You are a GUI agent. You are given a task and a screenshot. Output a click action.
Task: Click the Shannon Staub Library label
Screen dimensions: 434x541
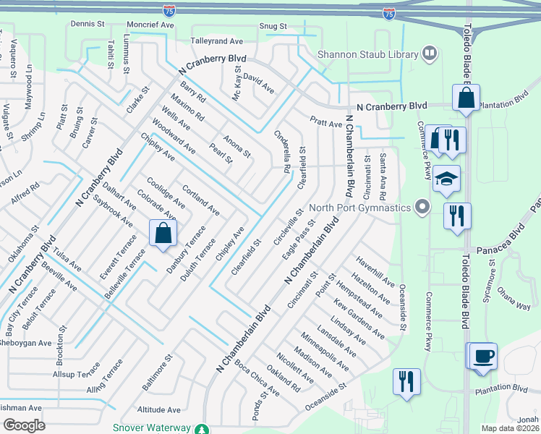click(x=368, y=54)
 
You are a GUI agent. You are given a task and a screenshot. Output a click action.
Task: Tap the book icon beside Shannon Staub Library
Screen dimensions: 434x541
click(x=430, y=54)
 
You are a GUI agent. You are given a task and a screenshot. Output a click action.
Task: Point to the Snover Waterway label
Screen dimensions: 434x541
click(x=151, y=427)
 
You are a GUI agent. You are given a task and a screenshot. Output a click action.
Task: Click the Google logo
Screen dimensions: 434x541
click(x=23, y=425)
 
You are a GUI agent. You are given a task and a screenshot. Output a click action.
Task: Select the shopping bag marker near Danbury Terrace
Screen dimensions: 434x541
click(x=163, y=234)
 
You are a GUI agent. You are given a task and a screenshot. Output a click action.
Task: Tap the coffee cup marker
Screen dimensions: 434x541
click(x=484, y=357)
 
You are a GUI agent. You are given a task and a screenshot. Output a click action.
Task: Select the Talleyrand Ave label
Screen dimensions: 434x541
click(x=217, y=41)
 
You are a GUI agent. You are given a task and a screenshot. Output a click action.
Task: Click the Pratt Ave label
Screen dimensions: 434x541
click(x=325, y=124)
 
